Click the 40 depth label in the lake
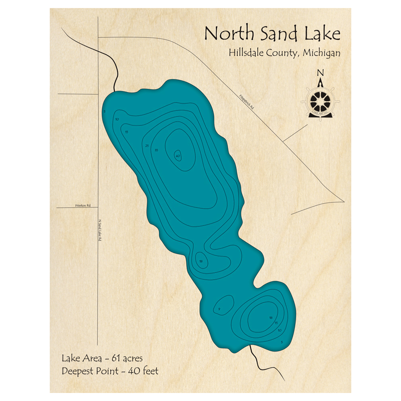(x=178, y=156)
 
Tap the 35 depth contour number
(x=156, y=150)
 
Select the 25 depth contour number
(x=147, y=145)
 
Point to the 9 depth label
(x=219, y=309)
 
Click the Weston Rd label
(x=83, y=205)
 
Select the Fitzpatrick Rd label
(x=246, y=103)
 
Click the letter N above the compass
(x=320, y=73)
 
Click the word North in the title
(x=229, y=34)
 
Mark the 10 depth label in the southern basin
(x=279, y=330)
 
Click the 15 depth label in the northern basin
(x=126, y=132)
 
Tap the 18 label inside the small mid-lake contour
(x=201, y=261)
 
